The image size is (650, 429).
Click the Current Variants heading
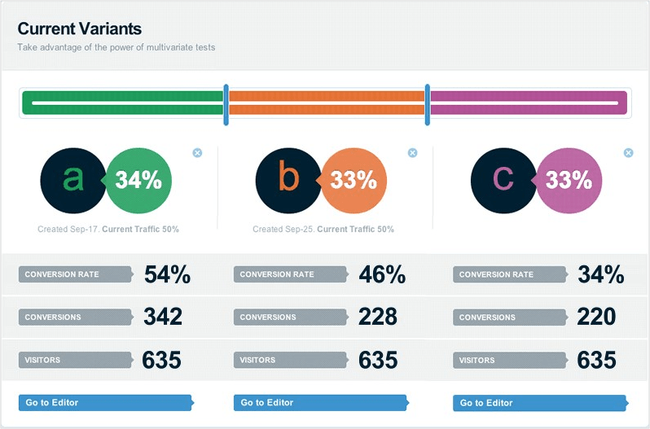click(x=80, y=29)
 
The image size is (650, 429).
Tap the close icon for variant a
click(x=197, y=152)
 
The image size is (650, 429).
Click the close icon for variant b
click(x=412, y=152)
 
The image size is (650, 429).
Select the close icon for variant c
click(x=628, y=152)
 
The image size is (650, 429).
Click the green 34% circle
click(x=140, y=180)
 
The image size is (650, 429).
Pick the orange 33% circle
click(x=356, y=180)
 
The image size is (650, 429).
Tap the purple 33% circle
click(x=571, y=180)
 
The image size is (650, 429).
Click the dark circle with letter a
click(x=72, y=180)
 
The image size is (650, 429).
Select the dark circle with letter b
click(x=288, y=180)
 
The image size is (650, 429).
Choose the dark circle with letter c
click(x=503, y=180)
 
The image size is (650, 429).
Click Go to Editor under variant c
click(x=540, y=402)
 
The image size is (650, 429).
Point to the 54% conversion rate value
click(x=167, y=275)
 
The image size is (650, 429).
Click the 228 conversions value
click(x=378, y=317)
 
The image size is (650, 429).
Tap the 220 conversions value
click(x=596, y=317)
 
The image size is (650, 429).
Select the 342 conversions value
click(x=163, y=317)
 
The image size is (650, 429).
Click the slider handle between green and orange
click(x=226, y=104)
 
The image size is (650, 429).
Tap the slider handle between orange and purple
click(x=427, y=104)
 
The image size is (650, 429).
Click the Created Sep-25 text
click(x=283, y=230)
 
